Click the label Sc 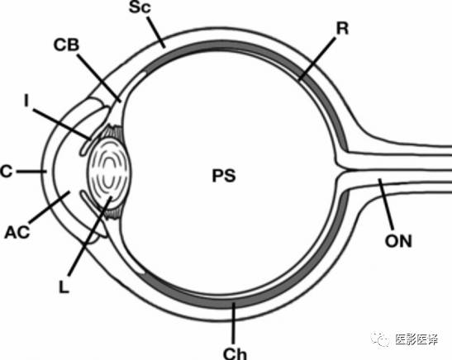pyautogui.click(x=140, y=7)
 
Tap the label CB pyautogui.click(x=66, y=45)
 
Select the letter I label pyautogui.click(x=26, y=101)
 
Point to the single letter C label pyautogui.click(x=7, y=172)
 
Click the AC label pyautogui.click(x=17, y=232)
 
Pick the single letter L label pyautogui.click(x=64, y=287)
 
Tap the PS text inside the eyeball pyautogui.click(x=224, y=176)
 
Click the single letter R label pyautogui.click(x=342, y=29)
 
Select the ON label pyautogui.click(x=398, y=241)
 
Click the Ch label pyautogui.click(x=236, y=353)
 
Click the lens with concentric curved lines pyautogui.click(x=110, y=172)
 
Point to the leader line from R pyautogui.click(x=317, y=59)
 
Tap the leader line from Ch pyautogui.click(x=234, y=323)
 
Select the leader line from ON pyautogui.click(x=386, y=204)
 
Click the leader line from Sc pyautogui.click(x=156, y=32)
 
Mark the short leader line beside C pyautogui.click(x=31, y=172)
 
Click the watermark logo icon pyautogui.click(x=380, y=340)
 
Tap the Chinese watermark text pyautogui.click(x=416, y=340)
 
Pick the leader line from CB pyautogui.click(x=99, y=78)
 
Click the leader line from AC pyautogui.click(x=50, y=208)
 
